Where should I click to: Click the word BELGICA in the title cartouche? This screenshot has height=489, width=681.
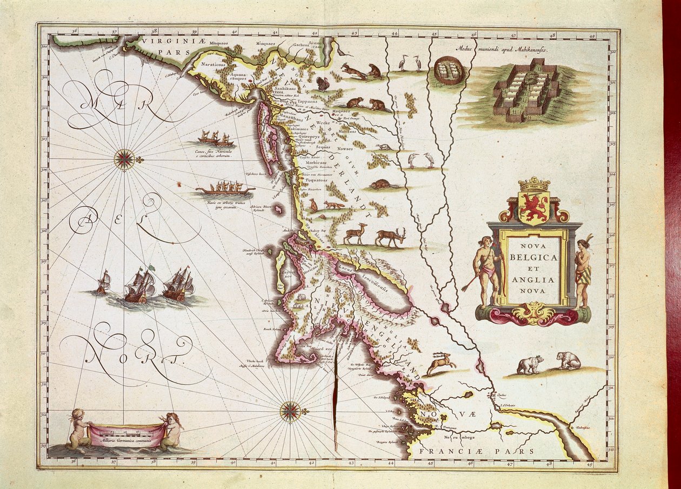tap(532, 258)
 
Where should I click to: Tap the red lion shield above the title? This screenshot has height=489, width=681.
tap(533, 207)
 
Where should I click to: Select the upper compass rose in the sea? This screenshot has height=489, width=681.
tap(125, 159)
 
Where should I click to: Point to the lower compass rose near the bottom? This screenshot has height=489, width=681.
tap(290, 412)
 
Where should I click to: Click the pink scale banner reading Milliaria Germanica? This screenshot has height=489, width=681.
tap(127, 434)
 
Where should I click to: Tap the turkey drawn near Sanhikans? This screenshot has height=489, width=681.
tap(323, 84)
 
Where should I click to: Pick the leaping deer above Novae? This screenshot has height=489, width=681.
tap(442, 363)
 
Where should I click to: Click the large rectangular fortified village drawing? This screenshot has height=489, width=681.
tap(525, 89)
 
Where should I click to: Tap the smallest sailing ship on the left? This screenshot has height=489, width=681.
tap(103, 283)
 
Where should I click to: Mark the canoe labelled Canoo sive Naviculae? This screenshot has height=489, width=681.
tap(216, 139)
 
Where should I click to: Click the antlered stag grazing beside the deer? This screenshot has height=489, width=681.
tap(390, 236)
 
